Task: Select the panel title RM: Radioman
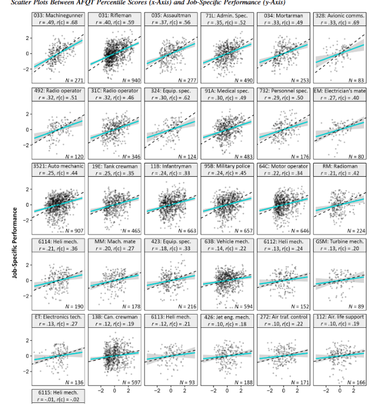pos(339,166)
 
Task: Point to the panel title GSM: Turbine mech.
pos(339,242)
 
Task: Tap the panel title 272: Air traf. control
pos(282,316)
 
